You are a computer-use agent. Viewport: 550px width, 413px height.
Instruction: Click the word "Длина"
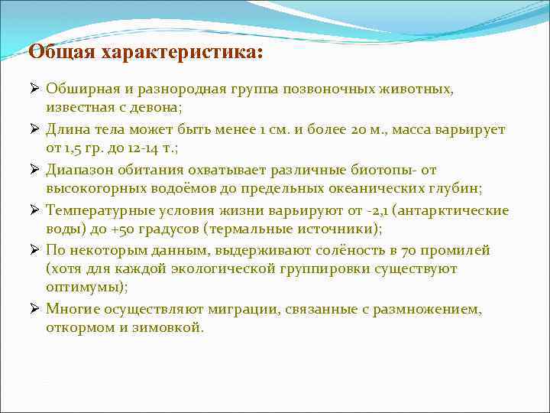pos(64,130)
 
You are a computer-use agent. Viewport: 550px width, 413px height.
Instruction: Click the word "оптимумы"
pos(85,288)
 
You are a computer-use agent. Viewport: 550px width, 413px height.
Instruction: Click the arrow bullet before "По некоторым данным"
pos(35,250)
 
